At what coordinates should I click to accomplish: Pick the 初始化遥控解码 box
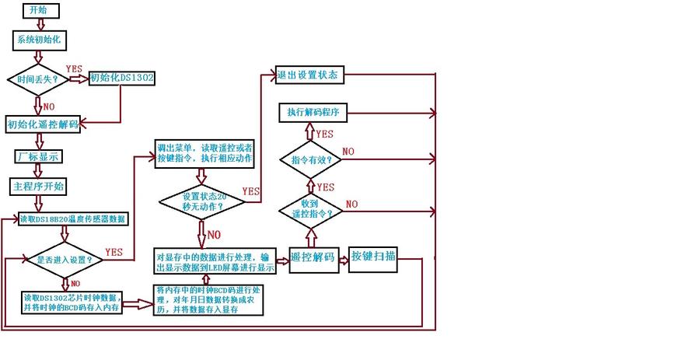point(43,124)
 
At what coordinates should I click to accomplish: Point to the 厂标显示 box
point(39,156)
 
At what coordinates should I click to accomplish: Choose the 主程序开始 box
point(39,187)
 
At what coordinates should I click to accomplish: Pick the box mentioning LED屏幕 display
point(215,262)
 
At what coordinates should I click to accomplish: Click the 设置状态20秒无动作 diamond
point(202,201)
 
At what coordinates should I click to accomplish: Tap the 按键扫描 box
point(373,256)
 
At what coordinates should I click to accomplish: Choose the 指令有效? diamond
point(311,159)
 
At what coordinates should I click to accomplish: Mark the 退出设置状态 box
point(307,75)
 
